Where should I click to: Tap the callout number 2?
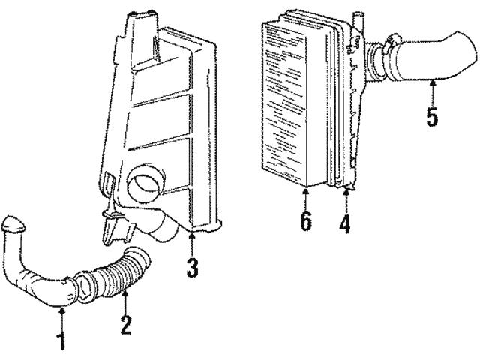(126, 325)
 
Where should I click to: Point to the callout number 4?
(345, 224)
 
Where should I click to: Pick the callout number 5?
(433, 118)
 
